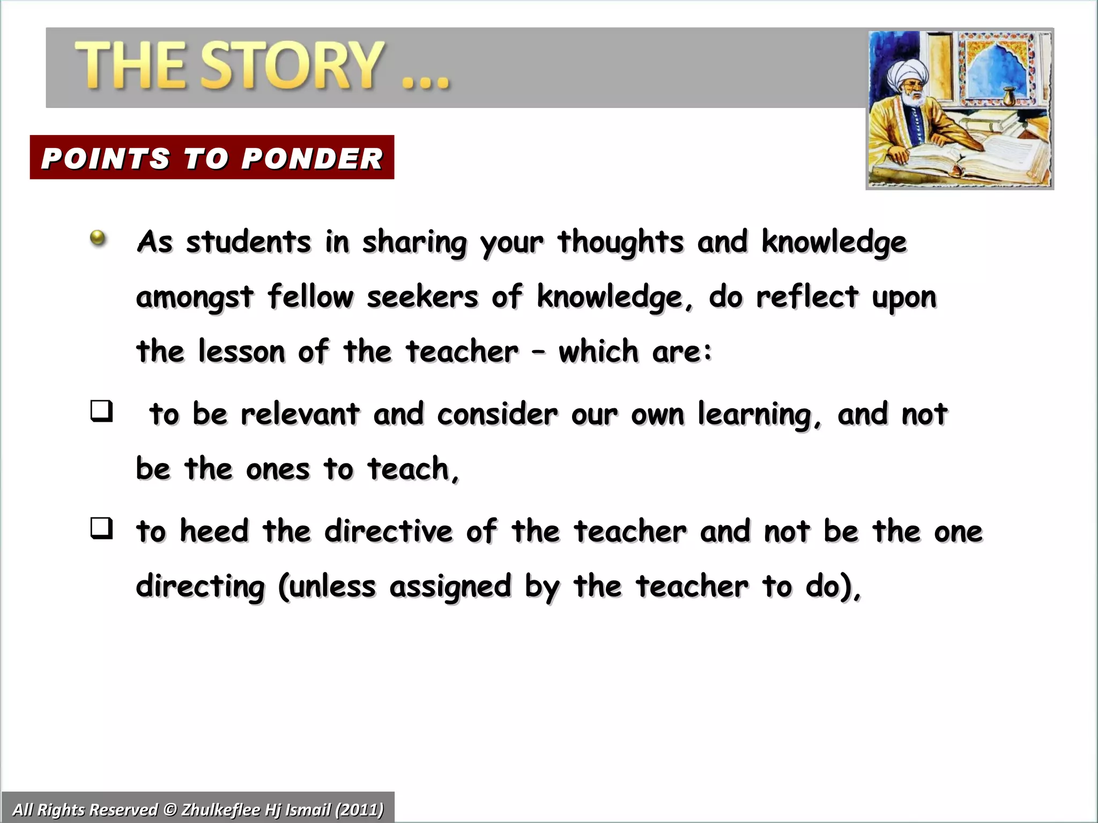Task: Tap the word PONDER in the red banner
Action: click(312, 159)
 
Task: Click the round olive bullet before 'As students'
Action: click(98, 237)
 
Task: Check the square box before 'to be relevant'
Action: click(102, 411)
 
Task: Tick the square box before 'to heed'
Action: click(102, 529)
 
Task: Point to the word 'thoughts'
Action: click(620, 242)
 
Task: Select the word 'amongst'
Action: click(195, 298)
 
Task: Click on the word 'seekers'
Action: click(422, 297)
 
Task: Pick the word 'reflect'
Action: click(807, 297)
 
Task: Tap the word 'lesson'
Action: click(241, 352)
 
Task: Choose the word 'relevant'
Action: click(300, 414)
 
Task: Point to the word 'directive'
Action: click(389, 532)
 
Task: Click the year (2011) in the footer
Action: click(359, 809)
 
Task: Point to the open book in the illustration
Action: click(960, 155)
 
